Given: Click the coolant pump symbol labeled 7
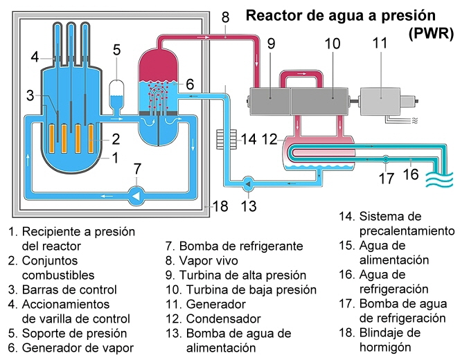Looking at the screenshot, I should click(x=136, y=196).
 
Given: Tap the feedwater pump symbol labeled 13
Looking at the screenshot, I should click(x=248, y=184).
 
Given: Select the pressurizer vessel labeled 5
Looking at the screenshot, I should click(x=117, y=91).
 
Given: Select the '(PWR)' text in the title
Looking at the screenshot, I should click(x=430, y=33).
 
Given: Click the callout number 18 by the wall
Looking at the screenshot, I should click(x=220, y=206).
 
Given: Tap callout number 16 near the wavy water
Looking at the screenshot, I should click(x=411, y=175).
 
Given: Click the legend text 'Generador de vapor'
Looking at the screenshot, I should click(x=78, y=348).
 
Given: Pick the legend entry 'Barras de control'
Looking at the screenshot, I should click(x=69, y=289).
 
